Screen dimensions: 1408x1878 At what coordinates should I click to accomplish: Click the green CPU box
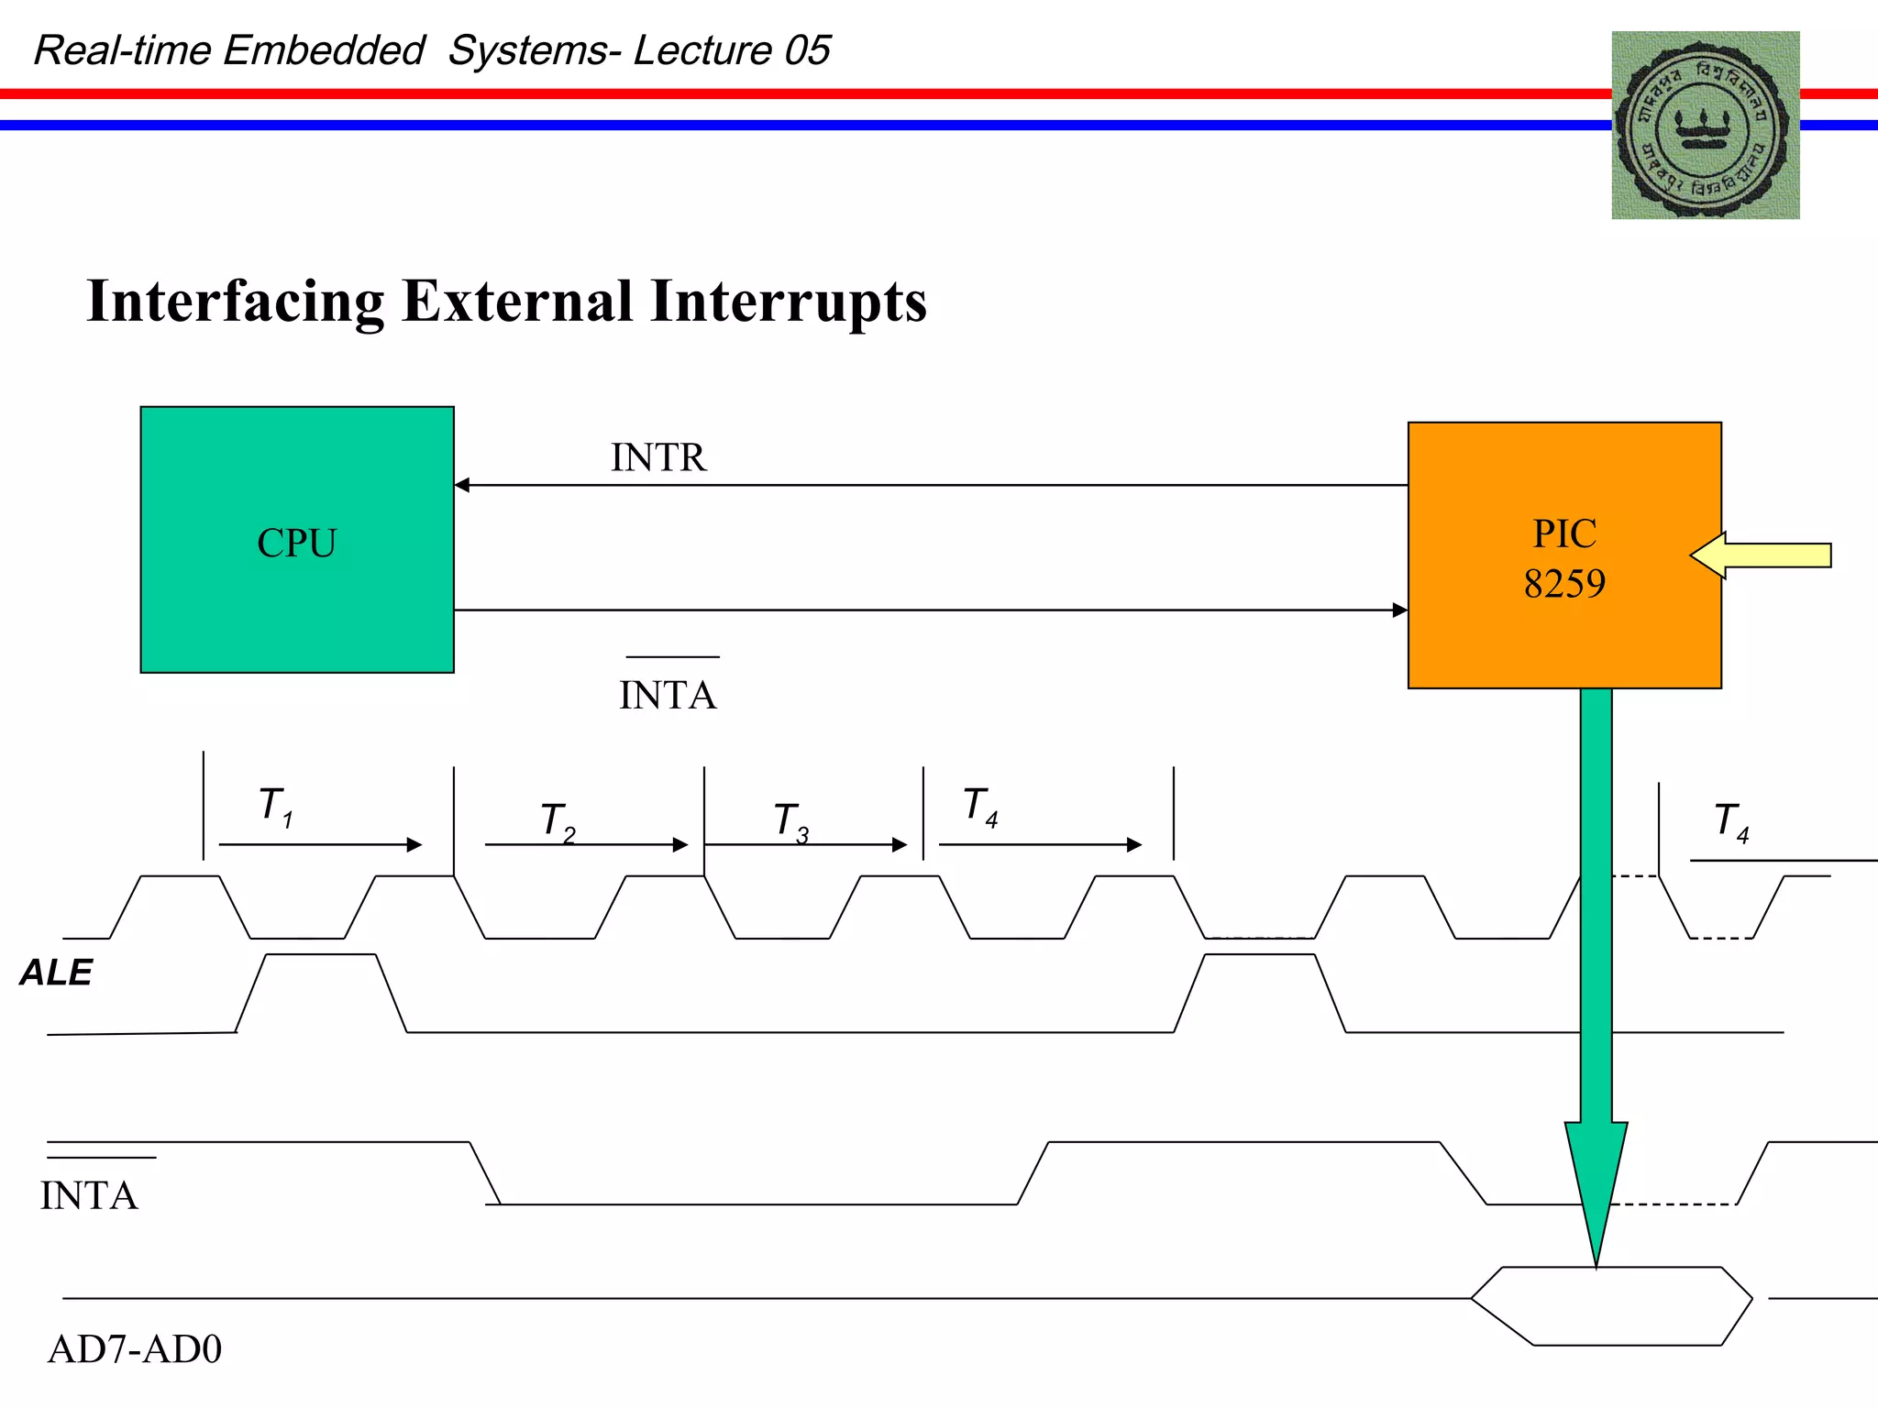297,540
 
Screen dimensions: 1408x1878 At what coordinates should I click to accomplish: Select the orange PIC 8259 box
1564,555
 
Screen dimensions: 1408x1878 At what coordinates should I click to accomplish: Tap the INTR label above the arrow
658,457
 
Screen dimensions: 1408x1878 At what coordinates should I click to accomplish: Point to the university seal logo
1705,126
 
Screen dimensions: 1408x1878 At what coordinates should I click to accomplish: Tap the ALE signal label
56,973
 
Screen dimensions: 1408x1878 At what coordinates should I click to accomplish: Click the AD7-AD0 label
135,1349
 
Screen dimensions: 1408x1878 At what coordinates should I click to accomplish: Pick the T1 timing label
275,807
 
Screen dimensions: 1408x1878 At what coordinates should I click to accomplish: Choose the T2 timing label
558,820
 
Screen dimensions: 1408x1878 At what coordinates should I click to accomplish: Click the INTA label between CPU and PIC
668,695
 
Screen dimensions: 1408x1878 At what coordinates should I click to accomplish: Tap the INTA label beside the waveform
89,1195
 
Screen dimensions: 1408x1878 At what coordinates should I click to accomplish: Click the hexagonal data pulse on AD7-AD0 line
1611,1306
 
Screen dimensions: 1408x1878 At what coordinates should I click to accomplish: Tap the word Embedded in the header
324,50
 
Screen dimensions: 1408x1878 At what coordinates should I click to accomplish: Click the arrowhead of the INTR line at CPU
462,485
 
